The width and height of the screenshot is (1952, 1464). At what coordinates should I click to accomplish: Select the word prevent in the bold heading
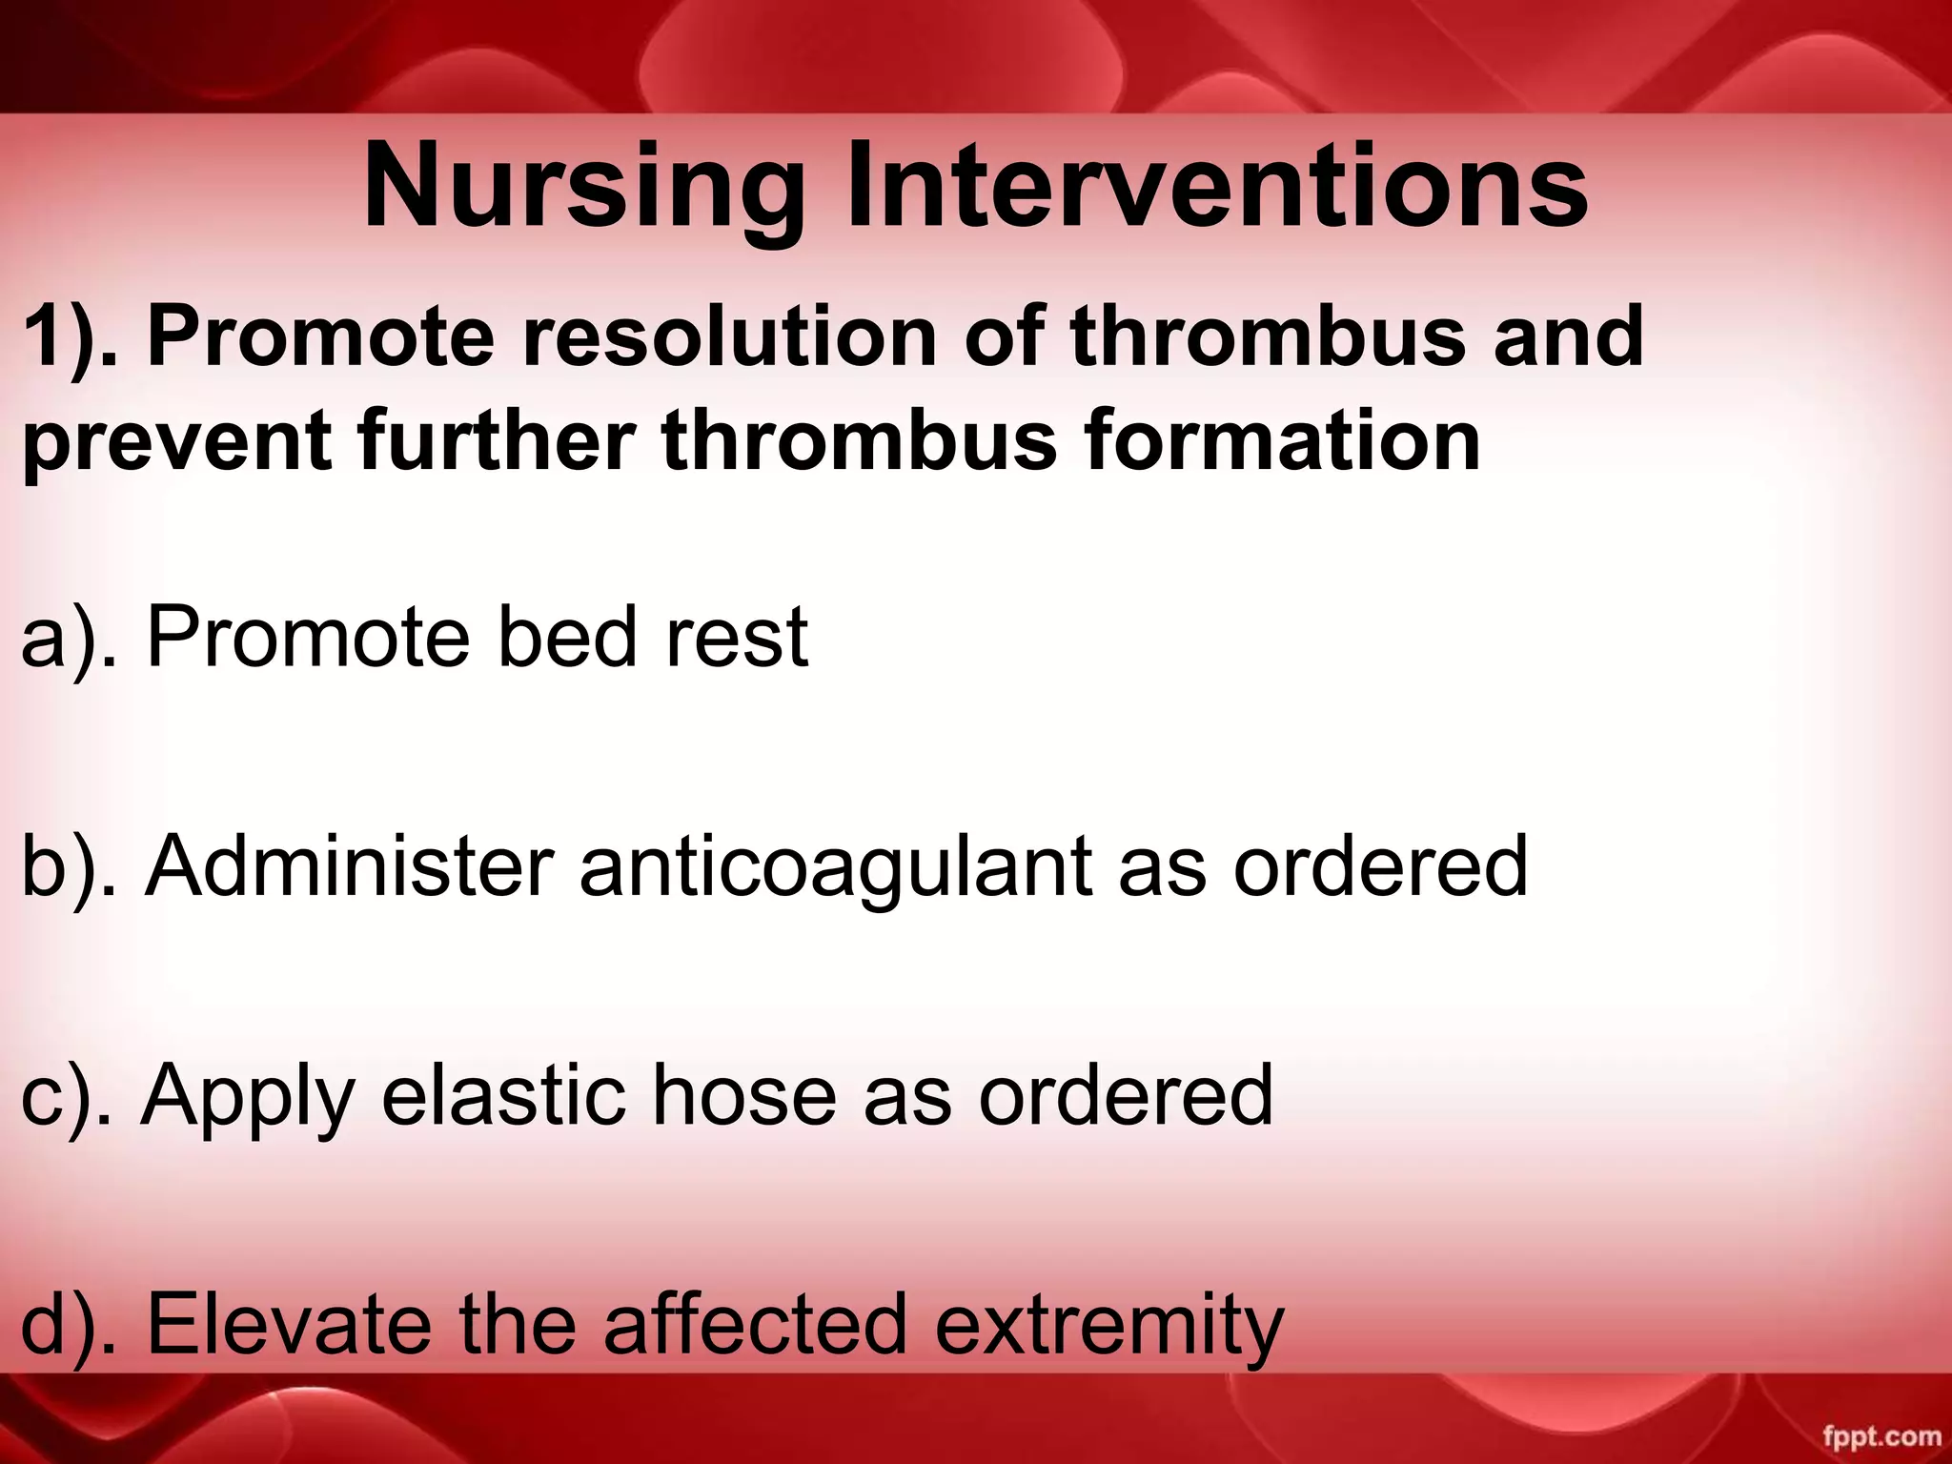tap(177, 442)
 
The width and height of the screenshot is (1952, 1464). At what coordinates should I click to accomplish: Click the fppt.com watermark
tap(1881, 1436)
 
